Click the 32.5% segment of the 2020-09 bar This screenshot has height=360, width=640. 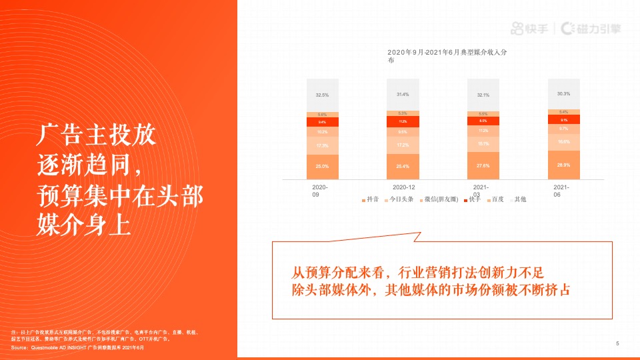(x=322, y=95)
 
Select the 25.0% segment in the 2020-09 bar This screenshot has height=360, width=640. (x=322, y=166)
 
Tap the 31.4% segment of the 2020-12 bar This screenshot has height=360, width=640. (x=403, y=94)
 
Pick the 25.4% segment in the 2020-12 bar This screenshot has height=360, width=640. (x=403, y=166)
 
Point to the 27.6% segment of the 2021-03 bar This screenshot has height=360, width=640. (x=483, y=165)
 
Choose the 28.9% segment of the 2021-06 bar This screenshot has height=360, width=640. (x=564, y=164)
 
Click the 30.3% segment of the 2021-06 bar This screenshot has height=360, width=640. (x=564, y=93)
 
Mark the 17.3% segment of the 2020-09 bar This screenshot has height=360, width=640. (x=322, y=145)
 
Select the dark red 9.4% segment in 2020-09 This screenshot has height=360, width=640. (x=322, y=122)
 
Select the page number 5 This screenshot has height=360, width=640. (x=617, y=343)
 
